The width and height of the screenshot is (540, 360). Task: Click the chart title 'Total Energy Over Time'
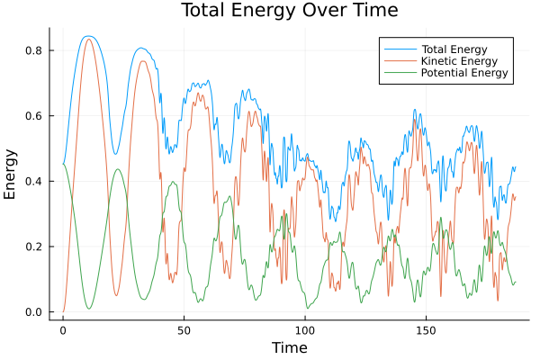coord(276,11)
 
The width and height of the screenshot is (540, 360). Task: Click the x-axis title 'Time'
coord(289,347)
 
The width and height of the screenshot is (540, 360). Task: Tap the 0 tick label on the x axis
coord(63,330)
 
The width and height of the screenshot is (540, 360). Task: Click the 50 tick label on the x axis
coord(184,330)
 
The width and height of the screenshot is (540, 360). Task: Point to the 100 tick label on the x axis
coord(305,330)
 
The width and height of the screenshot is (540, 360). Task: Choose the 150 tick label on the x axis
coord(426,330)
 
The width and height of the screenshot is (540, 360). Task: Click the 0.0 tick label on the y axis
coord(32,312)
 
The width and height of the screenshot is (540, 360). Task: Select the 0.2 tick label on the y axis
coord(32,247)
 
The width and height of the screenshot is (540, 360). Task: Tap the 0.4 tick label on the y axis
coord(32,181)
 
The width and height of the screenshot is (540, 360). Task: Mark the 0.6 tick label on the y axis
coord(32,116)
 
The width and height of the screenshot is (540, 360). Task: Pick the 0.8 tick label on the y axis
coord(32,50)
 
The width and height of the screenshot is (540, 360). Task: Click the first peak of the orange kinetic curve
coord(87,40)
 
